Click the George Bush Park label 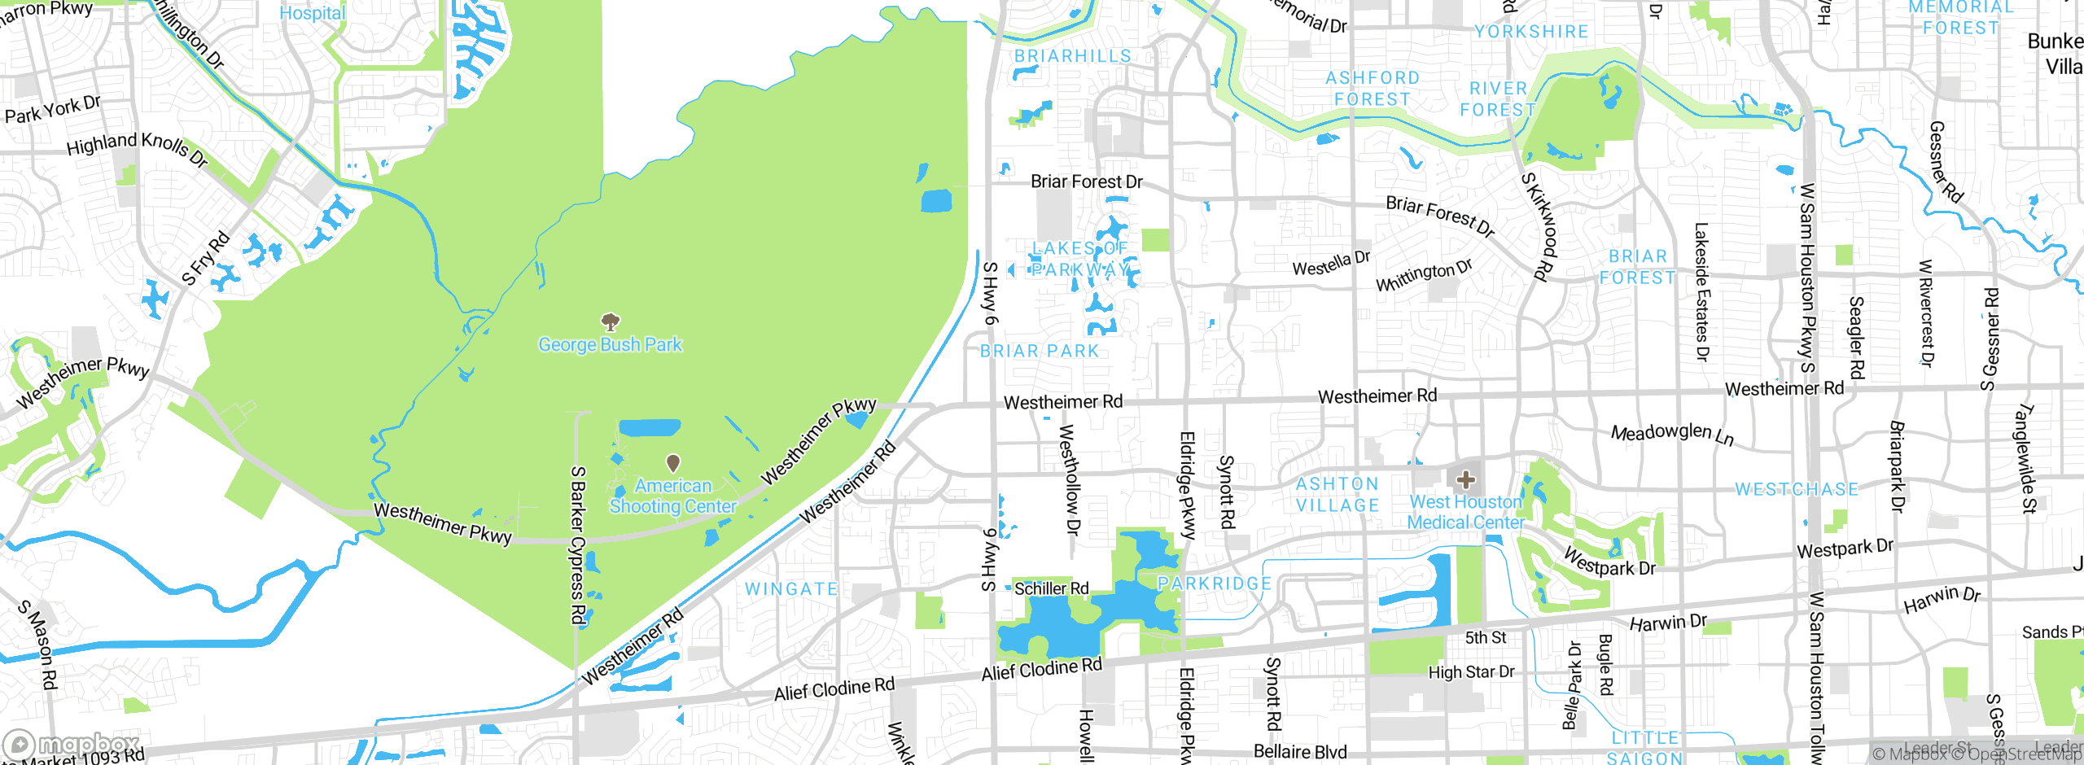(x=610, y=345)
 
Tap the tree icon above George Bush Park (x=610, y=321)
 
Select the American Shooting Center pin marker (x=673, y=463)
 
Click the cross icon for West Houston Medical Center (x=1466, y=479)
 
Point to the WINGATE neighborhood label (x=791, y=589)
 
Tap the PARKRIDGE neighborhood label (x=1215, y=584)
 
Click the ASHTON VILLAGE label (x=1338, y=495)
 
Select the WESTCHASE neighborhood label (x=1797, y=490)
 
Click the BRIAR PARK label (x=1040, y=352)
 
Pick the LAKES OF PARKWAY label (x=1080, y=259)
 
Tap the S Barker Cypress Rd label (x=578, y=545)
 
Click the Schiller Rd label (x=1051, y=588)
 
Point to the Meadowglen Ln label (x=1672, y=433)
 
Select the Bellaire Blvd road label (x=1300, y=751)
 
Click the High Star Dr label (x=1471, y=672)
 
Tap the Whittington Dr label (x=1424, y=275)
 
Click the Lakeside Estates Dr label (x=1701, y=291)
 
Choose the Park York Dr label (x=53, y=109)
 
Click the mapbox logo (x=72, y=744)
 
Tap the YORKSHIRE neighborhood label (x=1531, y=32)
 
